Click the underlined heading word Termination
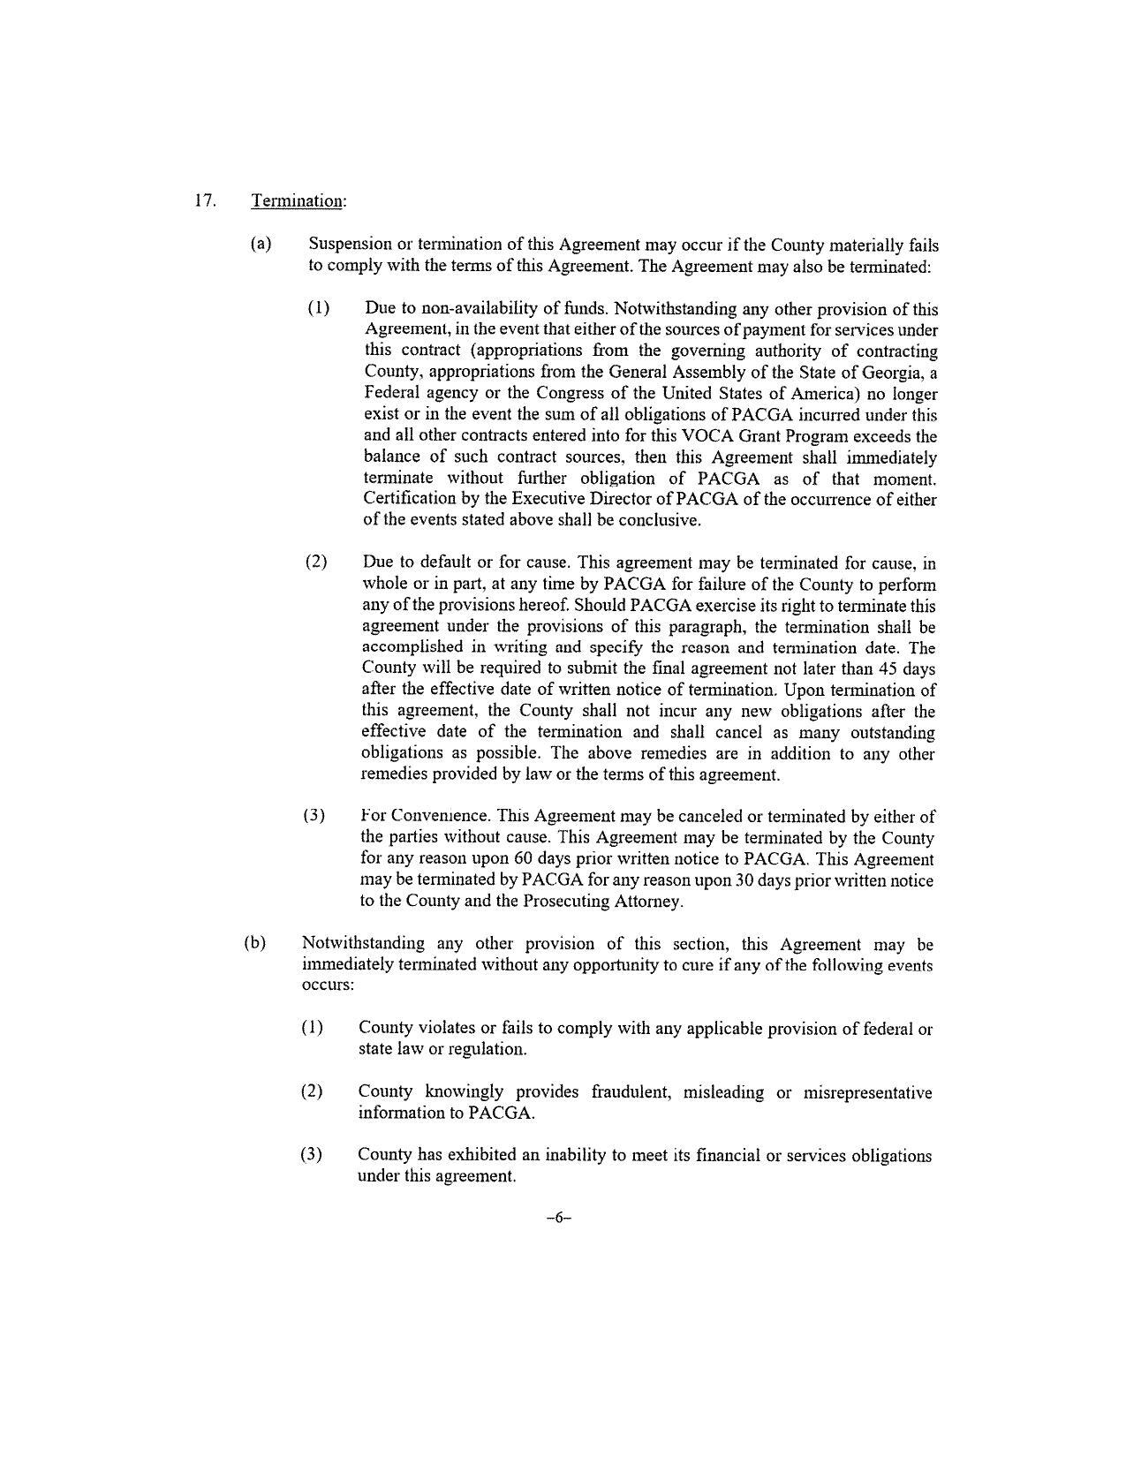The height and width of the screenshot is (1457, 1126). [298, 201]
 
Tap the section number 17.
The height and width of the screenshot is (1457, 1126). [205, 200]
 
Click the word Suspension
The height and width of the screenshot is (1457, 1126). [350, 245]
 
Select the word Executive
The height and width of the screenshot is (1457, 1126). [569, 500]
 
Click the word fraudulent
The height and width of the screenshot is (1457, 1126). [635, 1092]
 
